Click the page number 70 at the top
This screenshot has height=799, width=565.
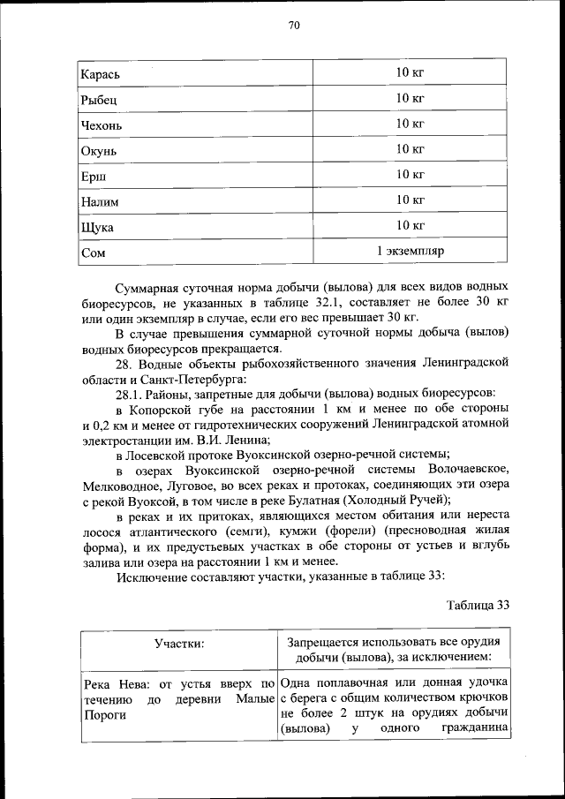pyautogui.click(x=294, y=25)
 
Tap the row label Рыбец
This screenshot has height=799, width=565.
pyautogui.click(x=99, y=100)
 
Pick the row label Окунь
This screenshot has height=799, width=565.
pyautogui.click(x=99, y=151)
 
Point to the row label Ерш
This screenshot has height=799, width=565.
pyautogui.click(x=94, y=177)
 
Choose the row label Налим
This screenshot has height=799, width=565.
pyautogui.click(x=100, y=202)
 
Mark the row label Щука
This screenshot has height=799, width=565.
pyautogui.click(x=97, y=228)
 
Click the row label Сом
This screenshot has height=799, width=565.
pyautogui.click(x=93, y=253)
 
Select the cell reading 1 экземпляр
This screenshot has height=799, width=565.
pyautogui.click(x=410, y=252)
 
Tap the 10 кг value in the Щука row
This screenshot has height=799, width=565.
pyautogui.click(x=411, y=226)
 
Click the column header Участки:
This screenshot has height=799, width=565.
pyautogui.click(x=179, y=644)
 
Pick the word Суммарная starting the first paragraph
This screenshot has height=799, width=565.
pyautogui.click(x=154, y=288)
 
